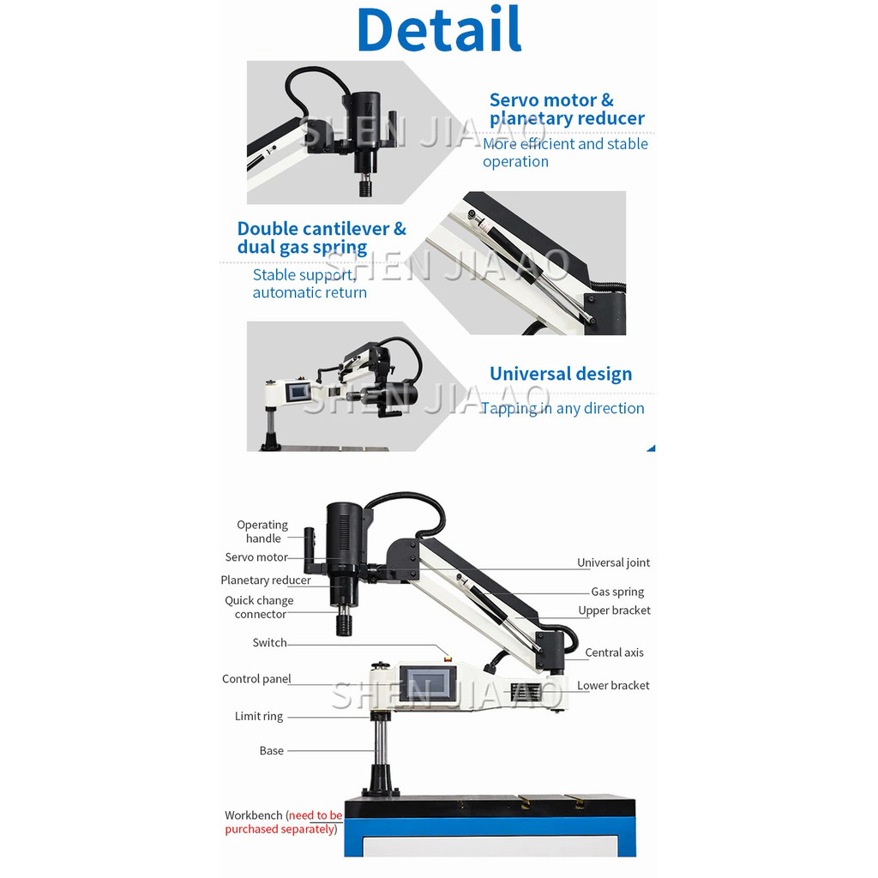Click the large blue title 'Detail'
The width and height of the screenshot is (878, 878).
tap(439, 30)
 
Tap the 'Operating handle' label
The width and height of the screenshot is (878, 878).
tap(262, 532)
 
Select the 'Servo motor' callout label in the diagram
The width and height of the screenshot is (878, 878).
tap(256, 557)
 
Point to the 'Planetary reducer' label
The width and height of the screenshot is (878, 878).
tap(266, 580)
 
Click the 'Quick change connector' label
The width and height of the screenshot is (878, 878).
tap(259, 607)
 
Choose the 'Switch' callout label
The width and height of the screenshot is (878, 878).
tap(269, 643)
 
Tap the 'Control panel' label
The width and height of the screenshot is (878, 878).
tap(256, 679)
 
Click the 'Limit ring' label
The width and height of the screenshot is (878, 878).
tap(258, 717)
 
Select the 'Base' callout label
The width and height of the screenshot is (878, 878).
tap(271, 751)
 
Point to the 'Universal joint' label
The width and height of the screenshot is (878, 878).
tap(613, 563)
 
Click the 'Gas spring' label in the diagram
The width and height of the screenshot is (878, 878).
tap(617, 592)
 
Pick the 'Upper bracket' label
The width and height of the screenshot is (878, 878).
tap(614, 610)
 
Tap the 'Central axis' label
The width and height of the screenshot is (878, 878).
tap(614, 652)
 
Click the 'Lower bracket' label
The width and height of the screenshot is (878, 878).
tap(613, 686)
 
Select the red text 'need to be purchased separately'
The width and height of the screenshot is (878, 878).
tap(283, 823)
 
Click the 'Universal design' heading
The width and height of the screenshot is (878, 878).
tap(561, 374)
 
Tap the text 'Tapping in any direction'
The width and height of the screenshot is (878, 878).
tap(562, 408)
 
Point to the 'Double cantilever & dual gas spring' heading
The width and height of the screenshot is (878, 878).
tap(322, 238)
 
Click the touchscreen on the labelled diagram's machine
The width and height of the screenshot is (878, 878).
tap(426, 683)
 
